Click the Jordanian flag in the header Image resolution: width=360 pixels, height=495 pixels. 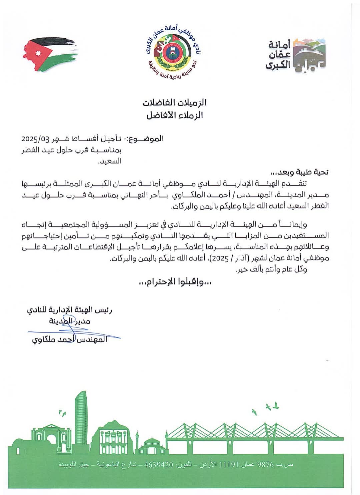(50, 54)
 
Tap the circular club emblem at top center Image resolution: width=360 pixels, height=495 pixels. (174, 52)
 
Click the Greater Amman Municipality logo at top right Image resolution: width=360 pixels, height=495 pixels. (295, 55)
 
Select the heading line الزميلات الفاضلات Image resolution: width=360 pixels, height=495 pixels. (175, 103)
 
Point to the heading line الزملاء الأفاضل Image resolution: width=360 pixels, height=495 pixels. (175, 115)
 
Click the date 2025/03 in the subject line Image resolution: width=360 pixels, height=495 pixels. (35, 139)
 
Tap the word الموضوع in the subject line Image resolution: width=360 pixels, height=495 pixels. (146, 139)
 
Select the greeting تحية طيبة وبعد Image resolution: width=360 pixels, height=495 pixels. (299, 172)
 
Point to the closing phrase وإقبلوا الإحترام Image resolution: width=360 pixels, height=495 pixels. (175, 282)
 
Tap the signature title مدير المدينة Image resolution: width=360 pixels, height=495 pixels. (69, 321)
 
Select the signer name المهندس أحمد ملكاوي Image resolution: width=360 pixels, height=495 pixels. (69, 339)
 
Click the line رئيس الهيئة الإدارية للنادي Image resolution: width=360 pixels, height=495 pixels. (69, 310)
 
